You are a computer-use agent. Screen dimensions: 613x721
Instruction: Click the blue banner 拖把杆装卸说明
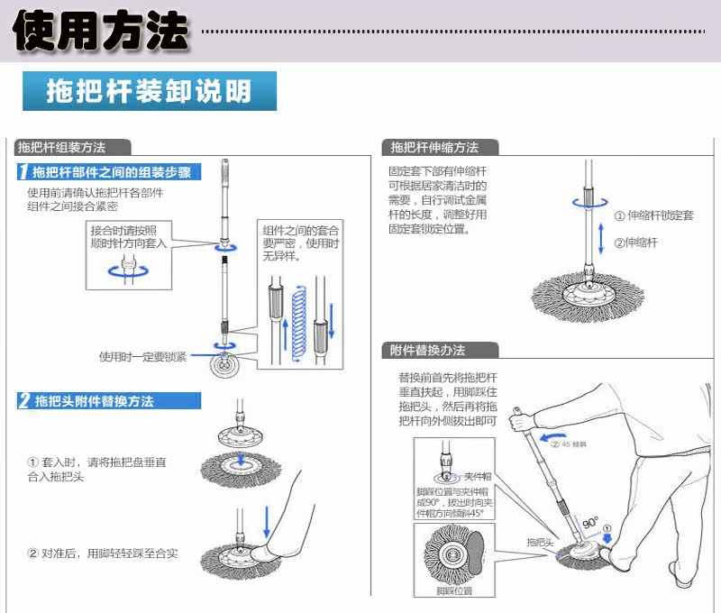149,92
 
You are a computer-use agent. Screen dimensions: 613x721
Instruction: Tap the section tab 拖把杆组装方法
62,148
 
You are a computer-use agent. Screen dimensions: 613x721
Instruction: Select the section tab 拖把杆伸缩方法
435,148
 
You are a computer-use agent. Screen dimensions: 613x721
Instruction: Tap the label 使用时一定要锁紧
143,357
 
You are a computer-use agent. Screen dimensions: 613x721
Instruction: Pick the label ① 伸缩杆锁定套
653,216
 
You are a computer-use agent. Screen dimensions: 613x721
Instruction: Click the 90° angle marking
589,522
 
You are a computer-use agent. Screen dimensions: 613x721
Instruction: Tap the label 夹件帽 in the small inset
477,476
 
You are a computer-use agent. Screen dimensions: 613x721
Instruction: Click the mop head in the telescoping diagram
585,293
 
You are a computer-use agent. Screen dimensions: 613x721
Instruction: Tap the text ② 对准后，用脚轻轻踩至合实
102,553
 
